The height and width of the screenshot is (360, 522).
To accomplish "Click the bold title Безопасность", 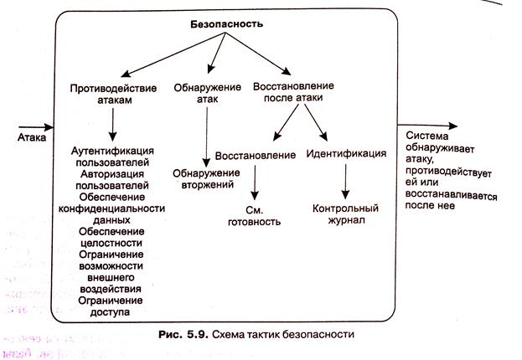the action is pyautogui.click(x=227, y=24).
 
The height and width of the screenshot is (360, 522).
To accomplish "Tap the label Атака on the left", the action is pyautogui.click(x=32, y=137).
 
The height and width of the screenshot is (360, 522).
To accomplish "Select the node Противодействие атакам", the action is pyautogui.click(x=114, y=94).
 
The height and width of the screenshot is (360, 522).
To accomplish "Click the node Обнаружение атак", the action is pyautogui.click(x=208, y=93).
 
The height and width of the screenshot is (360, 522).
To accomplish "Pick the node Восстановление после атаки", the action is pyautogui.click(x=293, y=91).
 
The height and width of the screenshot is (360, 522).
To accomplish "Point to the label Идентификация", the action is pyautogui.click(x=346, y=153).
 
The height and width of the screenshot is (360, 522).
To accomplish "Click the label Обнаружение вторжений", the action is pyautogui.click(x=206, y=178).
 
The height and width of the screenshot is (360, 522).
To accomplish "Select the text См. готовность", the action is pyautogui.click(x=255, y=216).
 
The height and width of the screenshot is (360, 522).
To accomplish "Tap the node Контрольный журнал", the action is pyautogui.click(x=345, y=214).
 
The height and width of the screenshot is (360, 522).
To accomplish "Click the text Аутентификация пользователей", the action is pyautogui.click(x=112, y=157).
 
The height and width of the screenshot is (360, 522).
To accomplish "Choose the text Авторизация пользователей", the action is pyautogui.click(x=112, y=179).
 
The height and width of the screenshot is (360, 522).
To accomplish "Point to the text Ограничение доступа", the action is pyautogui.click(x=111, y=306).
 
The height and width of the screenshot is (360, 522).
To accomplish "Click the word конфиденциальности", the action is pyautogui.click(x=112, y=208).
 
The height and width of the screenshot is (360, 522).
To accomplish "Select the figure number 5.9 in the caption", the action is pyautogui.click(x=198, y=334).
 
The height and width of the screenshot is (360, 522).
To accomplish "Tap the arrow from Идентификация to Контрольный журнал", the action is pyautogui.click(x=345, y=182).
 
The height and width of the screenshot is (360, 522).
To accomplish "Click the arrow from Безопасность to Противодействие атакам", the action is pyautogui.click(x=173, y=54).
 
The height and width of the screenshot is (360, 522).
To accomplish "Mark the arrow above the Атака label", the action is pyautogui.click(x=36, y=127).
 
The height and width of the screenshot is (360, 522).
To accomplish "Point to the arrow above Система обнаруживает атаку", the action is pyautogui.click(x=428, y=126).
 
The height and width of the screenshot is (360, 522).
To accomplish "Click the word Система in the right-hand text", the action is pyautogui.click(x=427, y=136).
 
